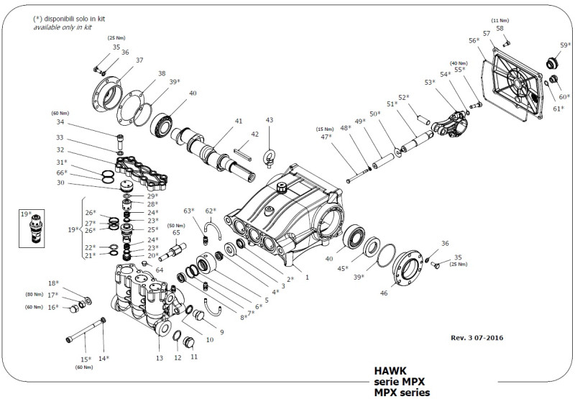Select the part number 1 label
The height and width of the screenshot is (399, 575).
[307, 276]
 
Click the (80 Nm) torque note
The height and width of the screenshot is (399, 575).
[34, 295]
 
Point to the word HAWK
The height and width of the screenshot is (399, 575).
[389, 372]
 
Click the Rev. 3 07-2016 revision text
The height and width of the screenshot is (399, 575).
[477, 336]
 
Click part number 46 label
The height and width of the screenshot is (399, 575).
[403, 293]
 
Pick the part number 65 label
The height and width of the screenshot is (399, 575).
[175, 233]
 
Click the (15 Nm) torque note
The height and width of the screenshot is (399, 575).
[325, 129]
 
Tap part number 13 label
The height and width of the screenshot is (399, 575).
[160, 357]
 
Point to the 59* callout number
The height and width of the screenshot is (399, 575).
[566, 45]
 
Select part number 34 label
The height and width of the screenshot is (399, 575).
[60, 122]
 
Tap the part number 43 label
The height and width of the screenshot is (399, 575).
[270, 120]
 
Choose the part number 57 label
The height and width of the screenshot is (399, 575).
[487, 33]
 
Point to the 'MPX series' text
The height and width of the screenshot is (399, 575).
[401, 393]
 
